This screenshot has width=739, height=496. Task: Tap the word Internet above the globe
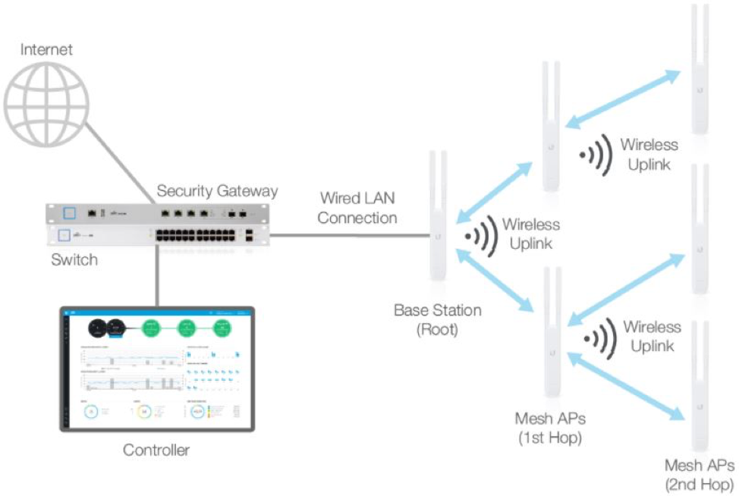[47, 50]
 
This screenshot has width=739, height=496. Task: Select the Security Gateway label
[217, 191]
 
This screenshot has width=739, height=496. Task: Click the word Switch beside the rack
[74, 260]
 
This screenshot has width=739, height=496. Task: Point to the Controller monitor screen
[157, 369]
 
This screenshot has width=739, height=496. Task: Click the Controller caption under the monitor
[156, 450]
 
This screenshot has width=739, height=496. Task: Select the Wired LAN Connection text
[357, 209]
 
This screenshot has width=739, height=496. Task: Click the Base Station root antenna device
[438, 220]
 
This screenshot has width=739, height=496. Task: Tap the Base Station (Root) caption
[437, 320]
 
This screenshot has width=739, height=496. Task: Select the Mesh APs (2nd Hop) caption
[699, 474]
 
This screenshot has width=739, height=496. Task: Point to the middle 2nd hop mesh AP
[697, 231]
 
